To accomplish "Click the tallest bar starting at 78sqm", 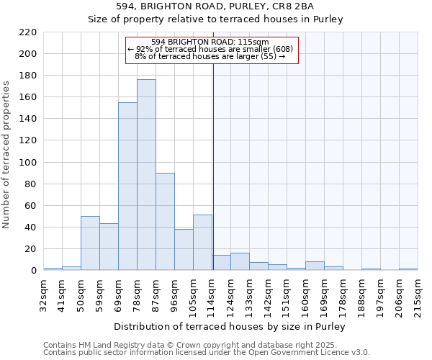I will (146, 175).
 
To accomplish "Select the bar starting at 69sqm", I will (127, 186).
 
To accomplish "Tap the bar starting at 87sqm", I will (165, 222).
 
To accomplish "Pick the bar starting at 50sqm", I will (90, 243).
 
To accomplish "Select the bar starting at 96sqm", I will (184, 250).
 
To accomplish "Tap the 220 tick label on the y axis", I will (29, 32).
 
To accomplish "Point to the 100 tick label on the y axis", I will (29, 163).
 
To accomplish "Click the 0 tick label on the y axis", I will (34, 271).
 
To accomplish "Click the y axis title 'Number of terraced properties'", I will (7, 155).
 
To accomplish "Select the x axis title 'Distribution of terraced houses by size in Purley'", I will (230, 327).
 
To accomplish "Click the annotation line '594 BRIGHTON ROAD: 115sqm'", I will (210, 42).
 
